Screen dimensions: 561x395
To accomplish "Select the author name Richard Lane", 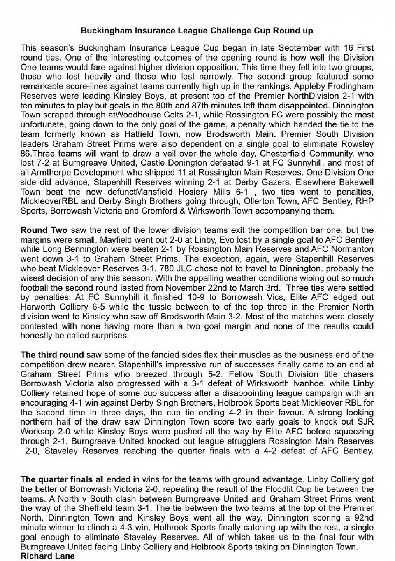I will tap(48, 556).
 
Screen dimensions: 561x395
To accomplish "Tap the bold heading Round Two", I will tap(44, 230).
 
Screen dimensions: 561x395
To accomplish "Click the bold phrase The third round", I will tap(52, 355).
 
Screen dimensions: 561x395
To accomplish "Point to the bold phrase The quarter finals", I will tap(56, 479).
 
